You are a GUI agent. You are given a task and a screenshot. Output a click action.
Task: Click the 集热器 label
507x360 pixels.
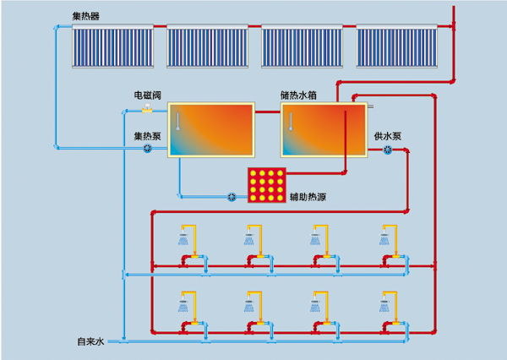pyautogui.click(x=85, y=16)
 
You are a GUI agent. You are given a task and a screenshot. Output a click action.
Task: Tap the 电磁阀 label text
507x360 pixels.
pyautogui.click(x=147, y=95)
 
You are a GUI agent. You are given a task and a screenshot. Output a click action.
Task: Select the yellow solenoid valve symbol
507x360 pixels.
pyautogui.click(x=147, y=109)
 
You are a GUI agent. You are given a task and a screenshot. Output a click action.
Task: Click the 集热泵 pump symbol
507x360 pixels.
pyautogui.click(x=147, y=149)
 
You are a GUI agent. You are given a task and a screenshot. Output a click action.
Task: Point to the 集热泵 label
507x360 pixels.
pyautogui.click(x=147, y=136)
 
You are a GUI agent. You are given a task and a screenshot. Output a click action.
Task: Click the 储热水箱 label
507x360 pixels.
pyautogui.click(x=298, y=95)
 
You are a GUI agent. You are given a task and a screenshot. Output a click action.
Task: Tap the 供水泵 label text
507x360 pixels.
pyautogui.click(x=388, y=136)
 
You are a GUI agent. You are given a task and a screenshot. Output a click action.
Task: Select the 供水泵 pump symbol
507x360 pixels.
pyautogui.click(x=388, y=150)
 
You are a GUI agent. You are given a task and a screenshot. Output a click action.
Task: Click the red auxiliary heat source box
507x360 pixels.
pyautogui.click(x=267, y=185)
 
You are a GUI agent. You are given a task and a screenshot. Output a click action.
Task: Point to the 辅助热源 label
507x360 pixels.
pyautogui.click(x=308, y=197)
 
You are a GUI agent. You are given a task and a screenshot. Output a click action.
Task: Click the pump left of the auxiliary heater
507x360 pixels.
pyautogui.click(x=232, y=197)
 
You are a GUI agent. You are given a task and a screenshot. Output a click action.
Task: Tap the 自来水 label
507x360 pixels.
pyautogui.click(x=90, y=341)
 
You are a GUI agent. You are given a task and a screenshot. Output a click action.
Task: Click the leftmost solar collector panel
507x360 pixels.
pyautogui.click(x=112, y=46)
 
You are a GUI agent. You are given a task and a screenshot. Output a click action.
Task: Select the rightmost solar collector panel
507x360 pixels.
pyautogui.click(x=397, y=46)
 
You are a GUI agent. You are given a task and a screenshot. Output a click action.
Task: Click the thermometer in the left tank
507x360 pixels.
pyautogui.click(x=177, y=122)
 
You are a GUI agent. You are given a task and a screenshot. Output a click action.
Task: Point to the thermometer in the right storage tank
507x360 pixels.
pyautogui.click(x=291, y=122)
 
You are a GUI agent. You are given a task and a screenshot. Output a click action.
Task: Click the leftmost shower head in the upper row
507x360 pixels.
pyautogui.click(x=183, y=238)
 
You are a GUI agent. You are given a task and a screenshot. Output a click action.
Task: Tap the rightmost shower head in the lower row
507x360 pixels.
pyautogui.click(x=384, y=304)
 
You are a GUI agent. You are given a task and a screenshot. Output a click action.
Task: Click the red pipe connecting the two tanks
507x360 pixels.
pyautogui.click(x=268, y=112)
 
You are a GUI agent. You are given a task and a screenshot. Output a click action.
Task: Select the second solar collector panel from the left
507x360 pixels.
pyautogui.click(x=207, y=46)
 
